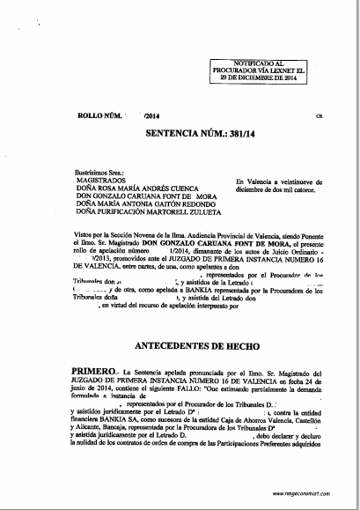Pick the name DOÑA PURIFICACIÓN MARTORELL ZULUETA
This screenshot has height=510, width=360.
click(123, 211)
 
